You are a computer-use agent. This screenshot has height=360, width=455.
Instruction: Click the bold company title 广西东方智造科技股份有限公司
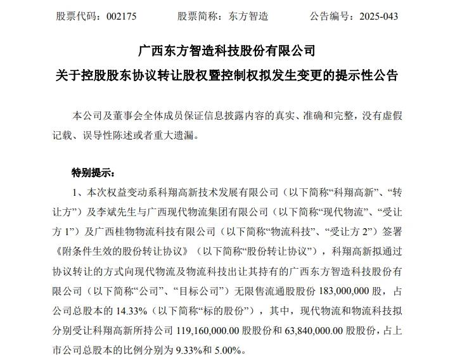(x=226, y=51)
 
